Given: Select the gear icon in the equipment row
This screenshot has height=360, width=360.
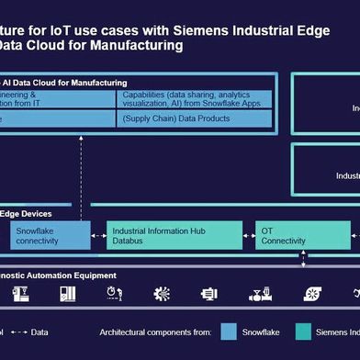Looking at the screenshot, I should click(162, 294).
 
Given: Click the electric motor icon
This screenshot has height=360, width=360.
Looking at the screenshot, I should click(209, 294).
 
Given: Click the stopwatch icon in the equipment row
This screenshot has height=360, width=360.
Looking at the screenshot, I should click(114, 294).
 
